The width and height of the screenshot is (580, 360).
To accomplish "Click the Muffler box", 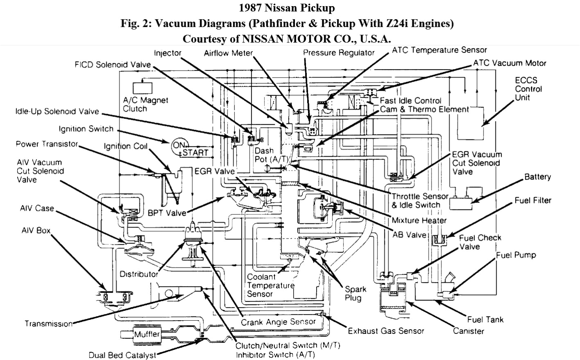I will [x=147, y=334].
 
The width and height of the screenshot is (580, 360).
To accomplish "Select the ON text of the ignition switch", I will [x=179, y=144].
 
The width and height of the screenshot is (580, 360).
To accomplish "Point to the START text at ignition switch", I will [x=195, y=153].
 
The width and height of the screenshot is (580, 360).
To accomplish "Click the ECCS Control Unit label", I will [x=528, y=89].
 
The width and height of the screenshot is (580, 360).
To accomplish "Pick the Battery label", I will [x=537, y=177].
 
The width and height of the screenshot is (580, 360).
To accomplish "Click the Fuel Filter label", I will [x=533, y=200].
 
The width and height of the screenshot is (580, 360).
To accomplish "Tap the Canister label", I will [x=468, y=331].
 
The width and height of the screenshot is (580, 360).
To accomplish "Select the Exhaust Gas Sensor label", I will [x=386, y=331].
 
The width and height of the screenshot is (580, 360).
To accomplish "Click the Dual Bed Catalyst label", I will [x=122, y=355].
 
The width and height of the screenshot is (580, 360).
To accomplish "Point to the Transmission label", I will [x=48, y=324].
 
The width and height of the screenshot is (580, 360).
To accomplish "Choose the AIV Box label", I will [x=36, y=230].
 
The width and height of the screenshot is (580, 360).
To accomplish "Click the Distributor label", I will [x=139, y=274].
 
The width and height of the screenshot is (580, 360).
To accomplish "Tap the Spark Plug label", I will [x=355, y=293].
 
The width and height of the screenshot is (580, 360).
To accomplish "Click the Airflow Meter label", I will [x=228, y=53].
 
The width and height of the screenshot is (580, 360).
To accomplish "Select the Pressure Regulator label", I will [x=339, y=53].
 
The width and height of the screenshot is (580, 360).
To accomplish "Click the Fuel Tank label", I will [x=486, y=319].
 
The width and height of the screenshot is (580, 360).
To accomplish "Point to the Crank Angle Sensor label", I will [x=278, y=322].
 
